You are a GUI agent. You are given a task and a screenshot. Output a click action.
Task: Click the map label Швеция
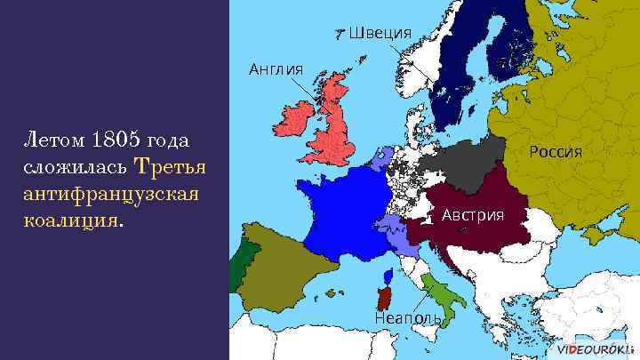[x=380, y=34]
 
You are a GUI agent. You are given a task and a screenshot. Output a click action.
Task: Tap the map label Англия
[x=276, y=68]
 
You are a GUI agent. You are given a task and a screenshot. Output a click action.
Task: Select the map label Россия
[x=556, y=151]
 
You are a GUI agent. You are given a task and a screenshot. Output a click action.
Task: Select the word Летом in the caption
[x=46, y=140]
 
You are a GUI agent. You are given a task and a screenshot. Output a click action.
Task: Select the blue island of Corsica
[x=389, y=276]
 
